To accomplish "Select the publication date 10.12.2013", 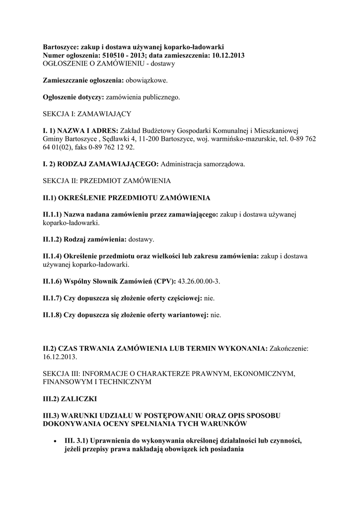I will pyautogui.click(x=226, y=55).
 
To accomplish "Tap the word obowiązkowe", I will pyautogui.click(x=147, y=79).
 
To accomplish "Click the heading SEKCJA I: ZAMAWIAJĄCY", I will pyautogui.click(x=87, y=114).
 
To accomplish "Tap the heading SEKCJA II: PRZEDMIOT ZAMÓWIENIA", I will pyautogui.click(x=107, y=180).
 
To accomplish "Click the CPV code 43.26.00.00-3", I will pyautogui.click(x=199, y=281).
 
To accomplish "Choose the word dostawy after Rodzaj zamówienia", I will pyautogui.click(x=141, y=240).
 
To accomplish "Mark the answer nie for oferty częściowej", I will pyautogui.click(x=210, y=298).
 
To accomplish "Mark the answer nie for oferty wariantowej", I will pyautogui.click(x=216, y=315).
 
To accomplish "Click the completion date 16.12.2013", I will pyautogui.click(x=60, y=357).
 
